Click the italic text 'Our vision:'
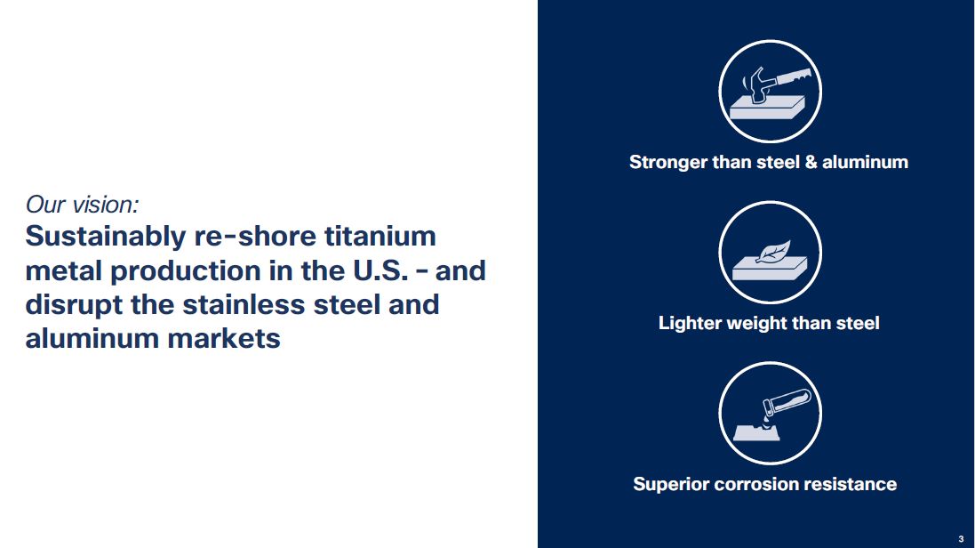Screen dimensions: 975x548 point(82,205)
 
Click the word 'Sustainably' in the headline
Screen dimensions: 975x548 point(106,238)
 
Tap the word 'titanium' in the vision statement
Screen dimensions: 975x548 point(380,236)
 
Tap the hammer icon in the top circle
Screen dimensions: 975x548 point(775,84)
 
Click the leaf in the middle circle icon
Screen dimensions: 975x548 point(774,251)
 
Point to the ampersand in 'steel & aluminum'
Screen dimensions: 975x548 point(811,162)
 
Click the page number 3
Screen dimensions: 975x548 point(961,539)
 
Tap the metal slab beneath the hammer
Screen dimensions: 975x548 point(767,108)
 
